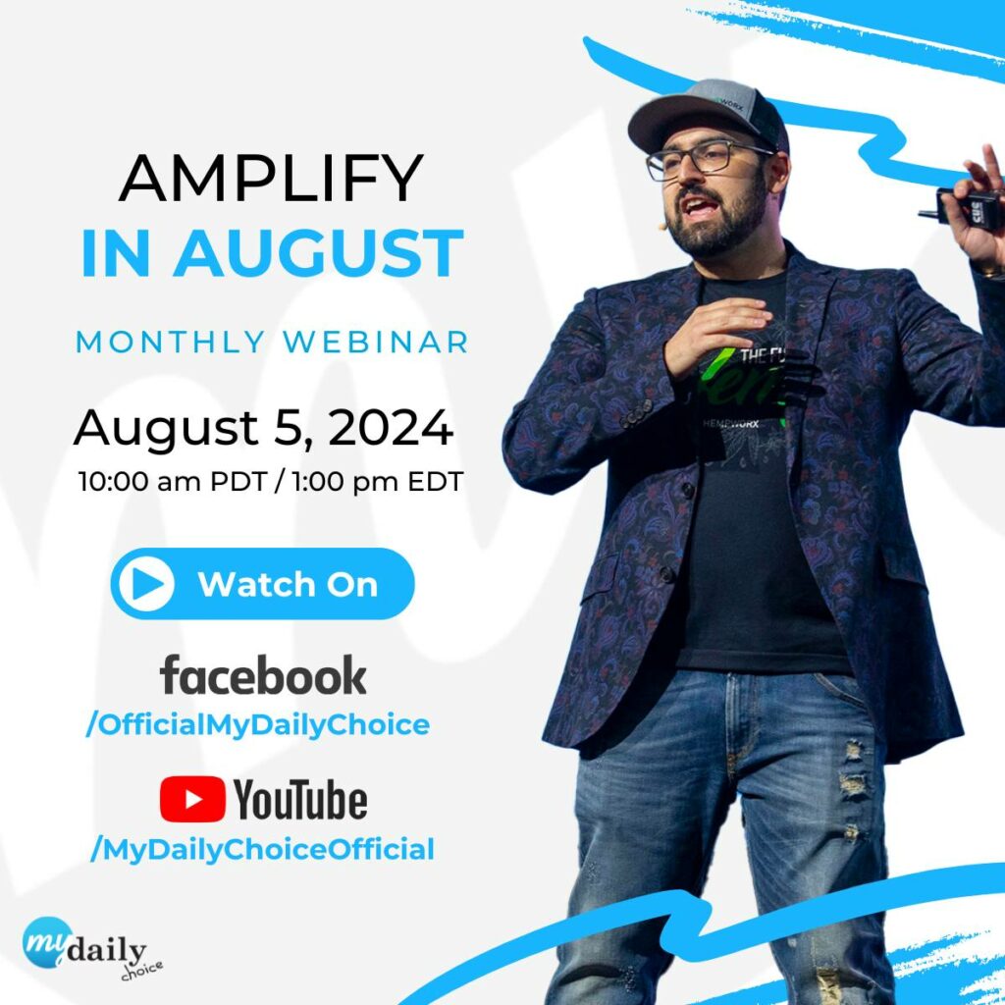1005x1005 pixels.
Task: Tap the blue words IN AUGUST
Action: (272, 253)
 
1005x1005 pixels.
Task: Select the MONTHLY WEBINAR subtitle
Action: (272, 342)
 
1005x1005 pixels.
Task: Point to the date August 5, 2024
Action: (263, 428)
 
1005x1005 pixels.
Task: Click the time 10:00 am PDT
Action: (173, 481)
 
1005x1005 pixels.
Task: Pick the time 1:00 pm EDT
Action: (378, 481)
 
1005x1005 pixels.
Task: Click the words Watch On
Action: (288, 585)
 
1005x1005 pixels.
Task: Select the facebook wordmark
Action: (263, 675)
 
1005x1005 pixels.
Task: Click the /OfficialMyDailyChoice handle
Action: (258, 725)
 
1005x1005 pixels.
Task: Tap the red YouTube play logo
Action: (192, 799)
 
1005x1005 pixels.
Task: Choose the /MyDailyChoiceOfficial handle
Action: (262, 849)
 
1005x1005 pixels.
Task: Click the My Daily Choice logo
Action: (91, 948)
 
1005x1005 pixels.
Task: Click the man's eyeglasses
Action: (705, 158)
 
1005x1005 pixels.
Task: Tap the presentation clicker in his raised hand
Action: (964, 206)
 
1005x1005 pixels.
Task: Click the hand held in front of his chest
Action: (714, 336)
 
